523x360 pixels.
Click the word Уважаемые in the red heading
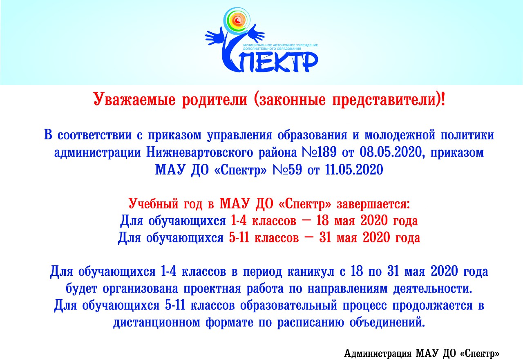coord(134,99)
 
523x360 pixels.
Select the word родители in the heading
coord(215,99)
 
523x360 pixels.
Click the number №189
coord(319,152)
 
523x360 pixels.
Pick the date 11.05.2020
coord(354,170)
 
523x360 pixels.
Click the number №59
coord(287,170)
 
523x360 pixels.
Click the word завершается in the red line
coord(373,204)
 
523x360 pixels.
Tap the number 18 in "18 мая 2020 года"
coord(322,221)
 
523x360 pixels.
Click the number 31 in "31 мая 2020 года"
coord(325,238)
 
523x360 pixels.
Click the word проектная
coord(212,289)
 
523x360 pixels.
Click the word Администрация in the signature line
coord(378,353)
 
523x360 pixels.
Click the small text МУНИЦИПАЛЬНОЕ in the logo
coord(256,45)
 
